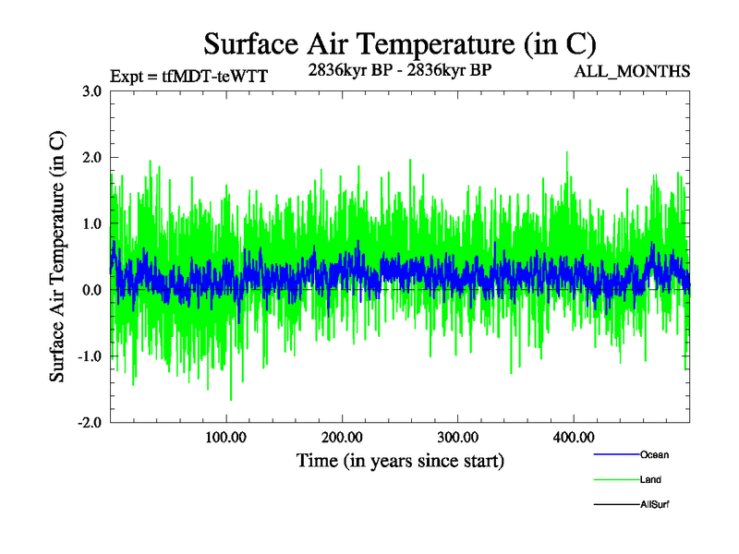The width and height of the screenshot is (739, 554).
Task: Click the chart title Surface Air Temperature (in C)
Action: [399, 44]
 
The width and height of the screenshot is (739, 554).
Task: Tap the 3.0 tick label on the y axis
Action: [91, 91]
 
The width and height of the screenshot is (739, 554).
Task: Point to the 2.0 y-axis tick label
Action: [91, 158]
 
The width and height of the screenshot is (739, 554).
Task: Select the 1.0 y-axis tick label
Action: [91, 224]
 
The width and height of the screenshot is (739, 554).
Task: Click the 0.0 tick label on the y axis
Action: [91, 291]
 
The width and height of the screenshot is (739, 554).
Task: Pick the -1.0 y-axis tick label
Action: [89, 357]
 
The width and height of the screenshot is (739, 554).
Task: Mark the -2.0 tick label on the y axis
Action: [89, 423]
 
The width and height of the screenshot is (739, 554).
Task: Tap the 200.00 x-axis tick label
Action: [342, 438]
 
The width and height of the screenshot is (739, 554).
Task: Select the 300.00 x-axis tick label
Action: [457, 438]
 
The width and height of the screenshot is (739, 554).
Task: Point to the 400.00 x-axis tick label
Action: [573, 438]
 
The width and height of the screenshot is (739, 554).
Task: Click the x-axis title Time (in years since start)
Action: [400, 460]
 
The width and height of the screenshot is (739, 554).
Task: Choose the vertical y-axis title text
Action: [57, 257]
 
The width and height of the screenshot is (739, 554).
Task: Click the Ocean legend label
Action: [654, 454]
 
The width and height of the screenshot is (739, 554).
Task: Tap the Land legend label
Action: [650, 479]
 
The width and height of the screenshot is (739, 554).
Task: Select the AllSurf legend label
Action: [654, 504]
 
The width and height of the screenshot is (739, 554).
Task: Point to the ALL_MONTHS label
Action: [632, 71]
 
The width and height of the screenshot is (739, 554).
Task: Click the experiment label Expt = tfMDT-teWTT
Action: [188, 77]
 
